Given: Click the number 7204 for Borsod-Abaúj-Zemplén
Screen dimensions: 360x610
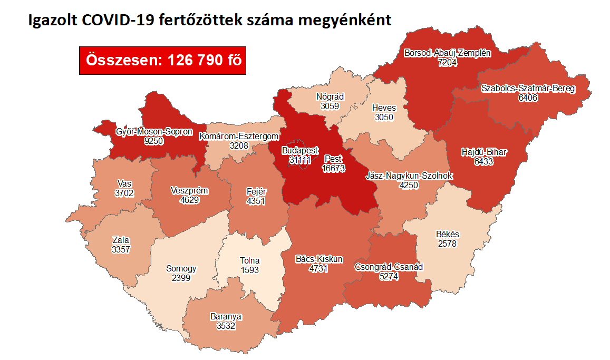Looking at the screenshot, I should click(447, 62).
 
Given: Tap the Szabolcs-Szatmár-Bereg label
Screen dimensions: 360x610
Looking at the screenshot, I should click(528, 89).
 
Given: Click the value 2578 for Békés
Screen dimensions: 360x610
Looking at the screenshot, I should click(446, 244).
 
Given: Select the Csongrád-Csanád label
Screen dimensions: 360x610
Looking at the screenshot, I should click(389, 267).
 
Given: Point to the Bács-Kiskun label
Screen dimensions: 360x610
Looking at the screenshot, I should click(319, 259).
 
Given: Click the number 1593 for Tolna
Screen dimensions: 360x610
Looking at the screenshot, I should click(250, 270).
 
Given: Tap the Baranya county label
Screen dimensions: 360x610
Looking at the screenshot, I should click(226, 317).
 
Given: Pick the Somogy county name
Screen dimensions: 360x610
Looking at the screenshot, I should click(181, 269).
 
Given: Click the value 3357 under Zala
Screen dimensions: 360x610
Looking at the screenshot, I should click(121, 249).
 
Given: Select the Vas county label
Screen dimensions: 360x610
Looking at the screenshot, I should click(124, 184).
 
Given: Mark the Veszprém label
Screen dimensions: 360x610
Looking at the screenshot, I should click(190, 190).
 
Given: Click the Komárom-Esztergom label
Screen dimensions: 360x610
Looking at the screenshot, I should click(238, 137).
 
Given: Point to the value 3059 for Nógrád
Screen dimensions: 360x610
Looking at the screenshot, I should click(330, 105).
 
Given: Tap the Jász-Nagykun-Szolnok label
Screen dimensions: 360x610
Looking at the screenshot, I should click(409, 176).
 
